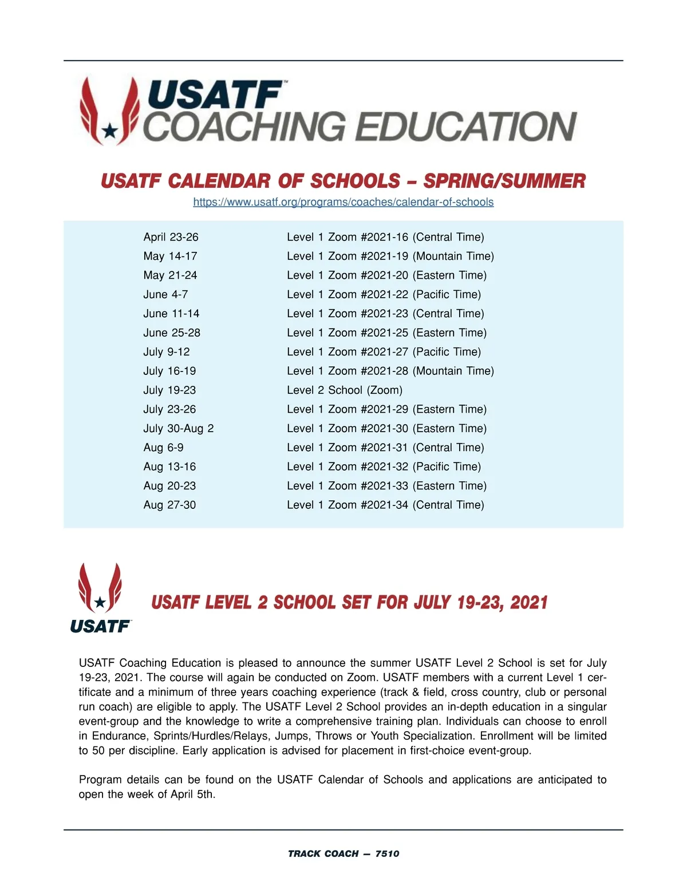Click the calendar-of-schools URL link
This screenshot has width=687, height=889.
pyautogui.click(x=343, y=202)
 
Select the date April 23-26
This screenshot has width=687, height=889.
pyautogui.click(x=171, y=237)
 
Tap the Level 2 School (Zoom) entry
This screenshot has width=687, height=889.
pyautogui.click(x=344, y=390)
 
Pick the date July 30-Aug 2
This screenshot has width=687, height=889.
pyautogui.click(x=178, y=428)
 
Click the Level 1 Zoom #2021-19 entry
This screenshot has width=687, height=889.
pyautogui.click(x=390, y=256)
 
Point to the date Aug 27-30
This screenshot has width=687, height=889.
pyautogui.click(x=169, y=505)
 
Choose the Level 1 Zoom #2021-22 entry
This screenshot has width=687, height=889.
pyautogui.click(x=384, y=294)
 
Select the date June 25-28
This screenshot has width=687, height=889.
pyautogui.click(x=172, y=333)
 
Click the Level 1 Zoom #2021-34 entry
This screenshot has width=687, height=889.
pyautogui.click(x=385, y=505)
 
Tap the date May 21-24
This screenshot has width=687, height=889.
pyautogui.click(x=170, y=275)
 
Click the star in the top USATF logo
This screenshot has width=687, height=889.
pyautogui.click(x=109, y=132)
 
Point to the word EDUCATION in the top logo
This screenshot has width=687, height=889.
pyautogui.click(x=467, y=127)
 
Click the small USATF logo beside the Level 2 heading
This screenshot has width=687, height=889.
pyautogui.click(x=100, y=598)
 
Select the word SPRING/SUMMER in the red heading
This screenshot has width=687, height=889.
pyautogui.click(x=504, y=181)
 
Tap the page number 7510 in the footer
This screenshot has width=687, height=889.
pyautogui.click(x=387, y=854)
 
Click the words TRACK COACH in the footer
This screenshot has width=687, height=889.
pyautogui.click(x=323, y=854)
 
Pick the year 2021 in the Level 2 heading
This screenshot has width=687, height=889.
pyautogui.click(x=528, y=602)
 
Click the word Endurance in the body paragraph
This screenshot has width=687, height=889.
pyautogui.click(x=119, y=736)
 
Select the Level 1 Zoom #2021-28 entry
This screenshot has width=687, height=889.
pyautogui.click(x=390, y=371)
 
